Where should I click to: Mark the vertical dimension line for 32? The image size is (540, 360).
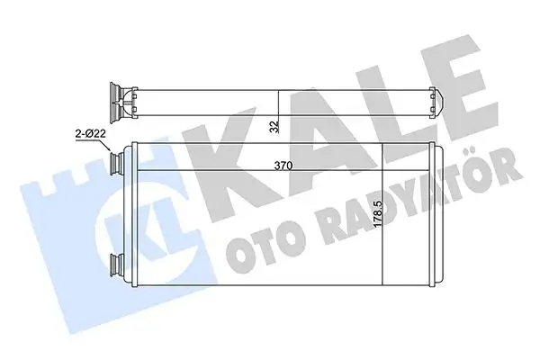pyautogui.click(x=281, y=112)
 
